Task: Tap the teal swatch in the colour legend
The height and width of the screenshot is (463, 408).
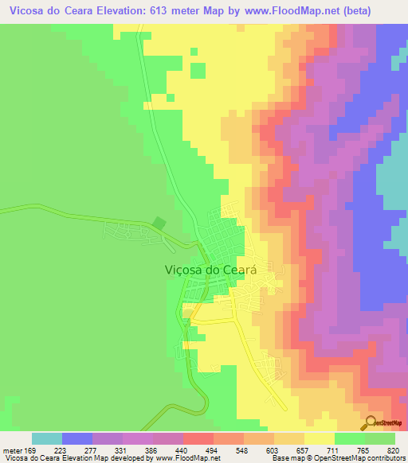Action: (46, 438)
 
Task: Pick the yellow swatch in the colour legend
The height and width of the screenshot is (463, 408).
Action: (319, 438)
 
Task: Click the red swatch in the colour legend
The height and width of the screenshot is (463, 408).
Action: (198, 438)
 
